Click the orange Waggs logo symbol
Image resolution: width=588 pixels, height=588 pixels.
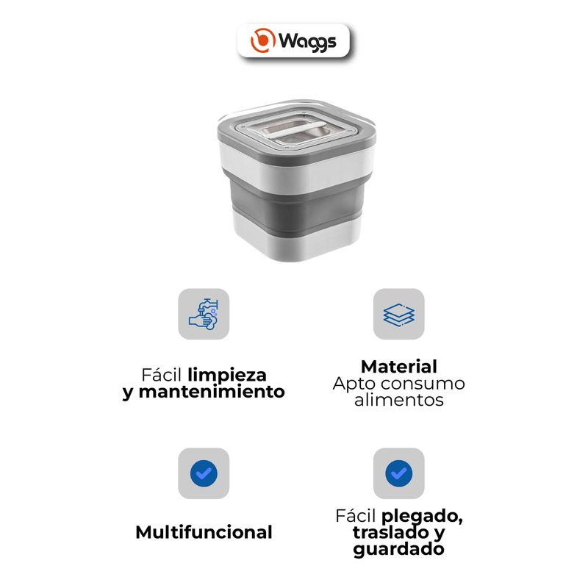[263, 40]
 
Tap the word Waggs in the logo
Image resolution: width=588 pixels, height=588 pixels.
[307, 41]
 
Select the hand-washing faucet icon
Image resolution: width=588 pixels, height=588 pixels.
[204, 315]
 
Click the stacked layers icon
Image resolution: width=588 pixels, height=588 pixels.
[398, 315]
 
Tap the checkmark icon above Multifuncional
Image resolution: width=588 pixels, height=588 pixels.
[204, 473]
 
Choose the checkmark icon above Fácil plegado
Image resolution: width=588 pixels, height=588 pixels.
[398, 473]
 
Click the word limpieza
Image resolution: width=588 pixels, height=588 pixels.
[227, 375]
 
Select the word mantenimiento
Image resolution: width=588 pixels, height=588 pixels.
[212, 392]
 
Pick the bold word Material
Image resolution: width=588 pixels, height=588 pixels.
[399, 367]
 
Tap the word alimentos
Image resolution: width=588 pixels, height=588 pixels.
[399, 400]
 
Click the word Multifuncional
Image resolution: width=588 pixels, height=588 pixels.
[204, 532]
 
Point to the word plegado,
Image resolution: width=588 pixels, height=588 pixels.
[422, 517]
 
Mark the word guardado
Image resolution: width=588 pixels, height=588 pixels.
[398, 549]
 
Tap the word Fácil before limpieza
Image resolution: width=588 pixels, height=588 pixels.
[162, 375]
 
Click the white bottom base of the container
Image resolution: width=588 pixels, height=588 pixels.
[296, 240]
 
